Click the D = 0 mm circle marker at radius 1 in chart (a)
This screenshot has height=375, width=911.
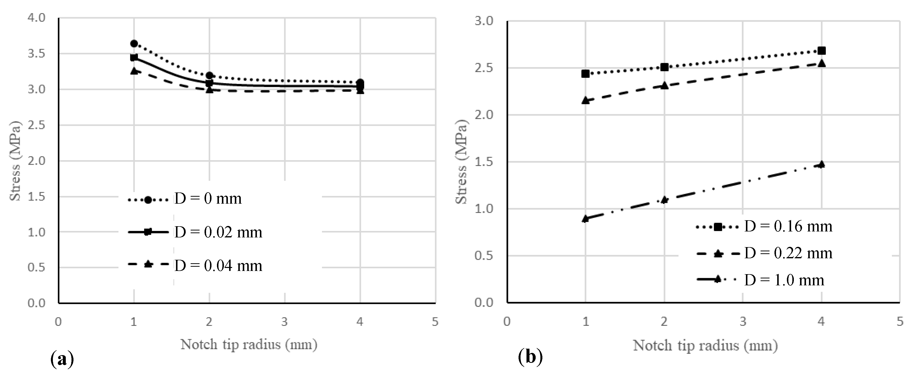tap(134, 43)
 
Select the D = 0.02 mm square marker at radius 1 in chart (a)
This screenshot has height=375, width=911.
tap(134, 57)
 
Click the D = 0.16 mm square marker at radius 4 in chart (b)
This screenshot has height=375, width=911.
tap(822, 51)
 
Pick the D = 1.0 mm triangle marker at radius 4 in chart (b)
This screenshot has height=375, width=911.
tap(822, 164)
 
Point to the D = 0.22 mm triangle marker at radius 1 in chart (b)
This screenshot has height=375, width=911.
tap(586, 101)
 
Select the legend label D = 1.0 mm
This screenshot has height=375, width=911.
tap(784, 280)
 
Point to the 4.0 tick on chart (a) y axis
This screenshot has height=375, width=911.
tap(36, 18)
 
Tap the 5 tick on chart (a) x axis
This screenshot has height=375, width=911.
tap(435, 322)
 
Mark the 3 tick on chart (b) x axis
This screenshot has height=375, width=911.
tap(743, 322)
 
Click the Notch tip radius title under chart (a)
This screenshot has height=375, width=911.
tap(249, 344)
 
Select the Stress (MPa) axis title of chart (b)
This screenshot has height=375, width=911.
tap(461, 162)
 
